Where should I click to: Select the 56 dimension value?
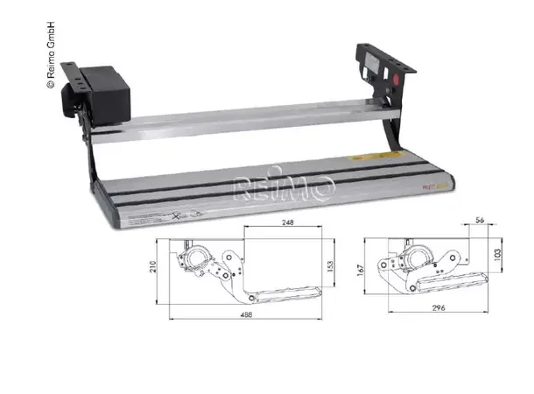pyautogui.click(x=482, y=220)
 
